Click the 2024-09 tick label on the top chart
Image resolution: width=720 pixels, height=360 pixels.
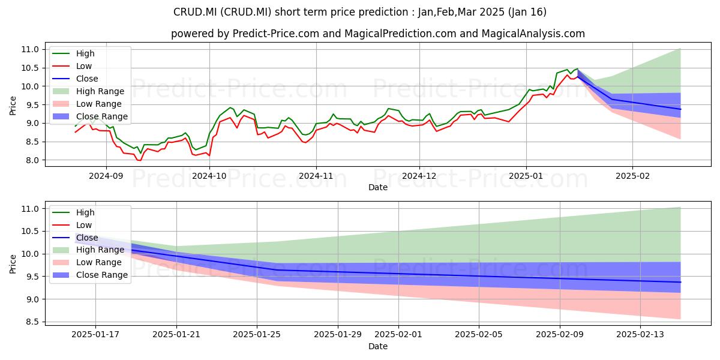106,176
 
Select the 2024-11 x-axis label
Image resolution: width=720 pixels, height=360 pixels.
316,176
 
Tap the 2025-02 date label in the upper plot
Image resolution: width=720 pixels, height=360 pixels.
632,176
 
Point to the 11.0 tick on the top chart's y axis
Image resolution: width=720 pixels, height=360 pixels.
30,49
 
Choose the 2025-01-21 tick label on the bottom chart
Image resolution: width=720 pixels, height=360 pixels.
176,335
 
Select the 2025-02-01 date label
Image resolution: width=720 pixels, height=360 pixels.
398,335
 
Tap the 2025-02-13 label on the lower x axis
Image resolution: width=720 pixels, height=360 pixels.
640,335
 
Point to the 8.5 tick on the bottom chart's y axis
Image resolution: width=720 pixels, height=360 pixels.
32,322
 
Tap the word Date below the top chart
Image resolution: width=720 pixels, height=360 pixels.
377,187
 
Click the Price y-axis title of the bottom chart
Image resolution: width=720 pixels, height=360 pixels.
13,264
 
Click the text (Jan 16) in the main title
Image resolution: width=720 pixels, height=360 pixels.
527,12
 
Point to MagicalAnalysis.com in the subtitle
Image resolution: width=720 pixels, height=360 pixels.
533,34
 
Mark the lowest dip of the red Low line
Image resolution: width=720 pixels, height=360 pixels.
139,160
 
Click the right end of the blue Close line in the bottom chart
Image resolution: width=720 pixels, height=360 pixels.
680,282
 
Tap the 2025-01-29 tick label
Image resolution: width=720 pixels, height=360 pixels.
337,335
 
